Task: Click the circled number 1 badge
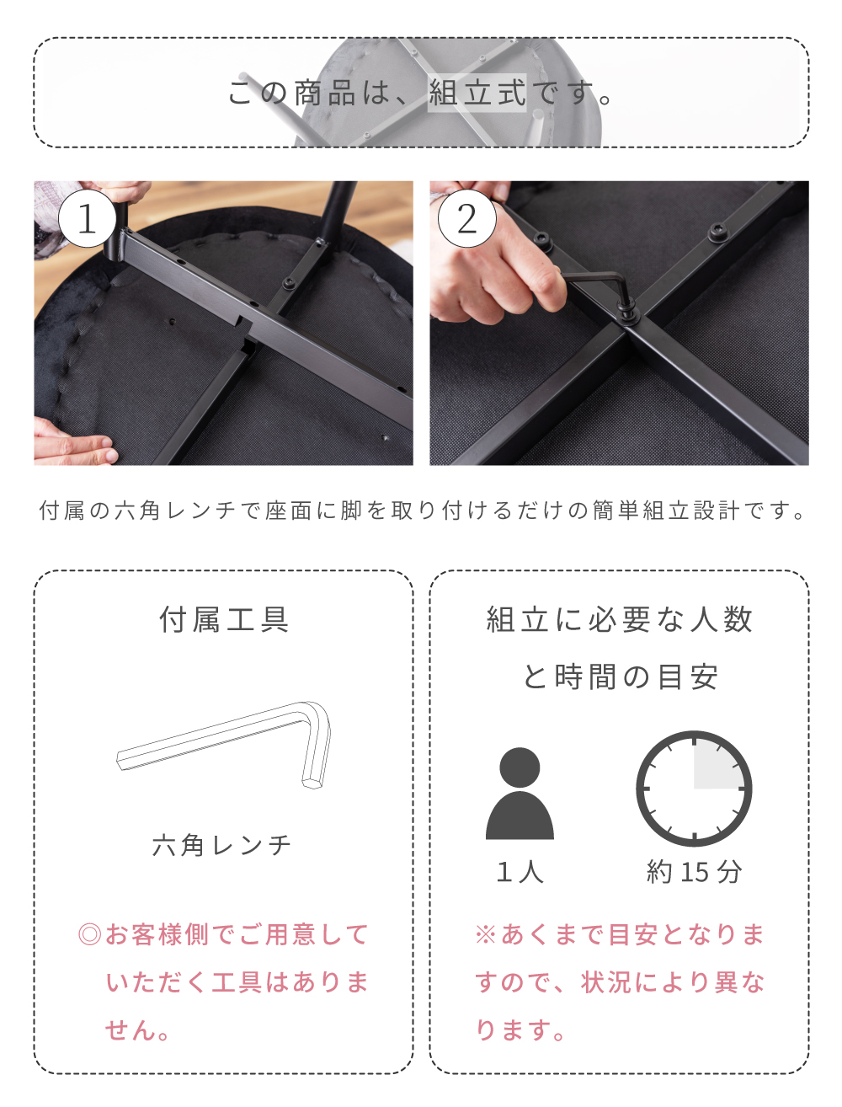pyautogui.click(x=87, y=218)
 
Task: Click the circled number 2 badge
pyautogui.click(x=466, y=218)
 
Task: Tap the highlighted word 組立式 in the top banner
pyautogui.click(x=477, y=93)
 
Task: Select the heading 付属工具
pyautogui.click(x=224, y=620)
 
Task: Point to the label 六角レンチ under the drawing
pyautogui.click(x=222, y=845)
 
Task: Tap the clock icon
pyautogui.click(x=694, y=789)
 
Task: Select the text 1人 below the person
pyautogui.click(x=520, y=872)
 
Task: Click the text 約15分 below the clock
pyautogui.click(x=694, y=872)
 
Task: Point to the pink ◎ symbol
pyautogui.click(x=89, y=934)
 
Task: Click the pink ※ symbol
pyautogui.click(x=486, y=934)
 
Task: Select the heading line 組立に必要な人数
pyautogui.click(x=620, y=620)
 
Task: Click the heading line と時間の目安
pyautogui.click(x=620, y=676)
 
